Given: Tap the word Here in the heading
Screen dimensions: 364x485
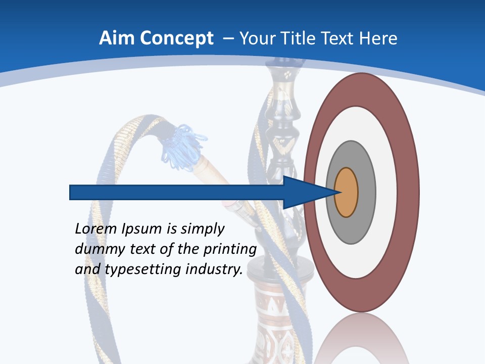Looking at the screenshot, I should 379,38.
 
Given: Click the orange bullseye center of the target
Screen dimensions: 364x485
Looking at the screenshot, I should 346,193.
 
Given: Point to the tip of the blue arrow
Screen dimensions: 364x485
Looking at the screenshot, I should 337,193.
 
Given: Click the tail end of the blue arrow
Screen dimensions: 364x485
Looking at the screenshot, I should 71,193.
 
